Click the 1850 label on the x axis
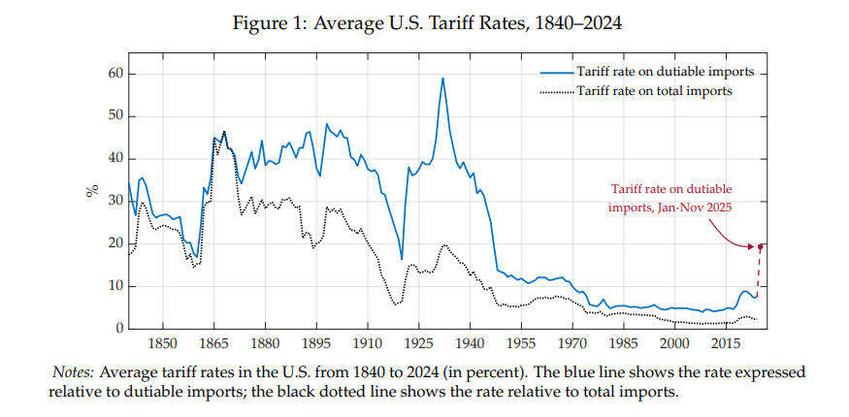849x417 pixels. [162, 343]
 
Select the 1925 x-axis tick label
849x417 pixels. [419, 343]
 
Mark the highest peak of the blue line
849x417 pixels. [442, 79]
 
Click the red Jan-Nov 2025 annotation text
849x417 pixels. [669, 198]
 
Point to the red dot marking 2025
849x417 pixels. [761, 246]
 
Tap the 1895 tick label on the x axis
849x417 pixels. [316, 343]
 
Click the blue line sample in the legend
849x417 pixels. [556, 73]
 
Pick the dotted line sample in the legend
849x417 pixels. [556, 91]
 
